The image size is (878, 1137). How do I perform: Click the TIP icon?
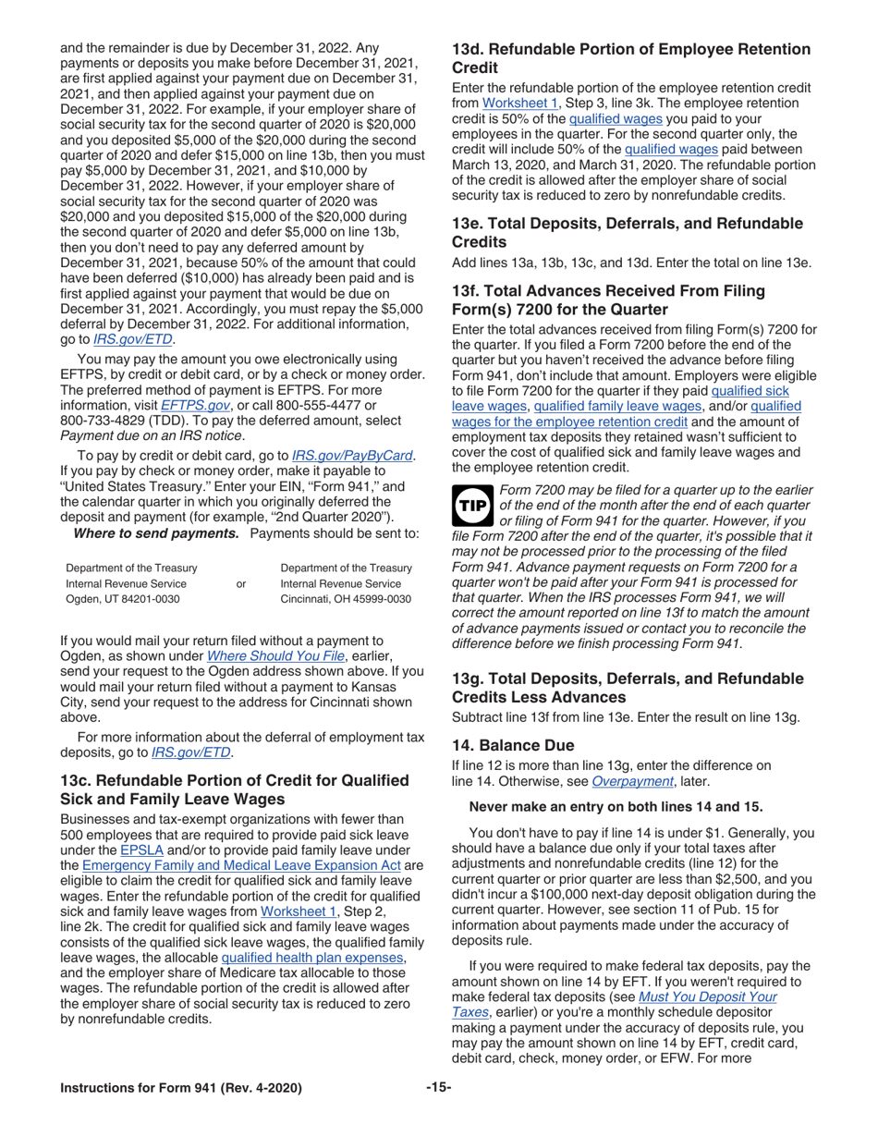pyautogui.click(x=473, y=507)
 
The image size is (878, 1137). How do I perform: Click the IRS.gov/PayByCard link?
pyautogui.click(x=353, y=454)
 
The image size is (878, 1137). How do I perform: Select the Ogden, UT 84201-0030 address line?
pyautogui.click(x=123, y=600)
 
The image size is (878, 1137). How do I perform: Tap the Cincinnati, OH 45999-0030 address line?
pyautogui.click(x=345, y=600)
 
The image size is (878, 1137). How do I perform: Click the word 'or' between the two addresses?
pyautogui.click(x=241, y=583)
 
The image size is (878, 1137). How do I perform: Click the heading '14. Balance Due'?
pyautogui.click(x=512, y=745)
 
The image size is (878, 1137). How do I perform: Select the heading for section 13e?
pyautogui.click(x=627, y=232)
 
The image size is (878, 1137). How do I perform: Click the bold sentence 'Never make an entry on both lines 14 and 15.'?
pyautogui.click(x=616, y=806)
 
